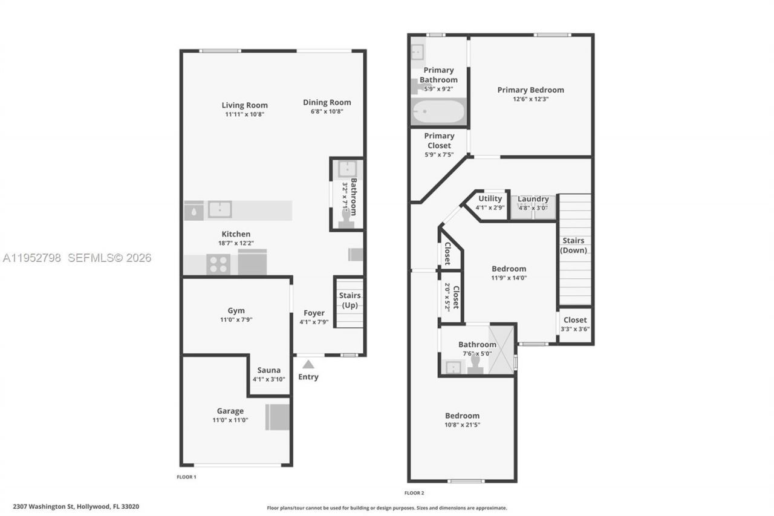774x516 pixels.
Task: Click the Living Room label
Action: point(244,105)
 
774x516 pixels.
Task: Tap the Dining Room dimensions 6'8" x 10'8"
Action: point(327,112)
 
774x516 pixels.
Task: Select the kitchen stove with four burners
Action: point(218,264)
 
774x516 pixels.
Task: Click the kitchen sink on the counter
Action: point(220,209)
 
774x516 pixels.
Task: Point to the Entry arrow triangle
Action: point(308,364)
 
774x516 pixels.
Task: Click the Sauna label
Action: point(268,370)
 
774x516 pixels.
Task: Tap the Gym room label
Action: point(236,310)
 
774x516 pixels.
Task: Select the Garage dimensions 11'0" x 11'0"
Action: point(230,420)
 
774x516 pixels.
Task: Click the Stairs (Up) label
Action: point(350,300)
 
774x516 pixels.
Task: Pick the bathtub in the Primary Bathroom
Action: point(438,112)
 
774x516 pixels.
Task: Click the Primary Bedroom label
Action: point(530,90)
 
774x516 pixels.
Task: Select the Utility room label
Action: point(490,198)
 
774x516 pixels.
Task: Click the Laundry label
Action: point(533,199)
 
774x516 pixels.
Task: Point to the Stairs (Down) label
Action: point(573,245)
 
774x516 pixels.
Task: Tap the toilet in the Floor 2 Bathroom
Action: point(475,365)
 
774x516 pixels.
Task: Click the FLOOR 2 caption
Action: point(415,493)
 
